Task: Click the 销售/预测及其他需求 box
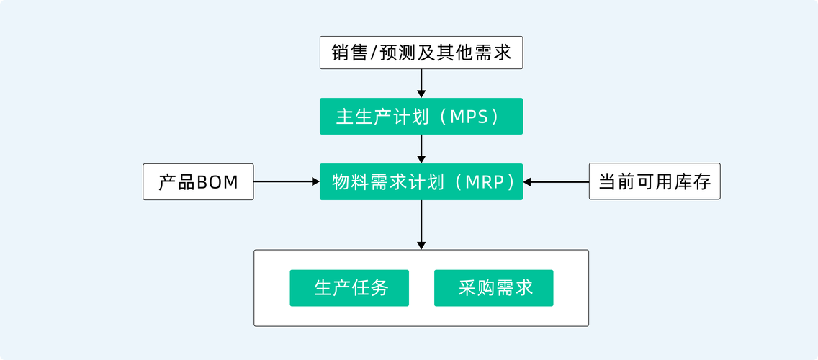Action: tap(421, 53)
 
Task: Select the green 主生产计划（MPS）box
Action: tap(421, 117)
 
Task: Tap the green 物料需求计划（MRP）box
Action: tap(421, 182)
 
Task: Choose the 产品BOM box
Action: tap(198, 182)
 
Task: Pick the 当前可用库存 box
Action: tap(655, 182)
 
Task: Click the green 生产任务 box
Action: tap(349, 288)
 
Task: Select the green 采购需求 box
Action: tap(494, 288)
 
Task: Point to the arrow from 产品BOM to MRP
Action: tap(287, 182)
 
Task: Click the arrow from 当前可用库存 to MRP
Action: tap(556, 182)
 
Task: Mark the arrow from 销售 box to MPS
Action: tap(421, 83)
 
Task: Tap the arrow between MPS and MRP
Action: tap(421, 148)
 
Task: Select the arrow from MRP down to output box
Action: tap(421, 225)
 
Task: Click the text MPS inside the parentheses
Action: tap(469, 117)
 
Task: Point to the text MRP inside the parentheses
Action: tap(485, 182)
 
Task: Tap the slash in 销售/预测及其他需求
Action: tap(373, 53)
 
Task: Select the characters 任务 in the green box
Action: tap(370, 288)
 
